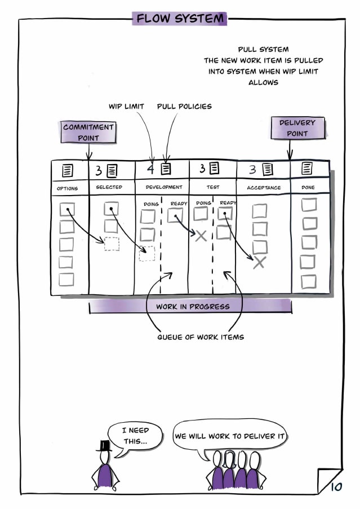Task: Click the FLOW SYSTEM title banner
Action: pyautogui.click(x=179, y=18)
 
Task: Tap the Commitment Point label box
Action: pyautogui.click(x=88, y=132)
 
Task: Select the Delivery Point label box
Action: pyautogui.click(x=297, y=128)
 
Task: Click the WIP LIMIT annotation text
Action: pyautogui.click(x=126, y=106)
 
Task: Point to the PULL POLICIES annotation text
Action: pyautogui.click(x=184, y=106)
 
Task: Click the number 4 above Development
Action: pyautogui.click(x=150, y=169)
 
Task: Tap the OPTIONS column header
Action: pyautogui.click(x=67, y=188)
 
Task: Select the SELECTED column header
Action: pyautogui.click(x=109, y=187)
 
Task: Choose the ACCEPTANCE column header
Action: pyautogui.click(x=264, y=188)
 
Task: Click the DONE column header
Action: pyautogui.click(x=308, y=187)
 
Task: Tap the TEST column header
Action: pyautogui.click(x=213, y=187)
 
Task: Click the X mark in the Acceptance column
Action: pyautogui.click(x=259, y=262)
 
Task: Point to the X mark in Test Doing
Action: pyautogui.click(x=201, y=236)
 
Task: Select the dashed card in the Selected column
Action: pyautogui.click(x=112, y=244)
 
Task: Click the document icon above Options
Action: pyautogui.click(x=68, y=170)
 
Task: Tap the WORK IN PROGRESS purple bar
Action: pyautogui.click(x=190, y=307)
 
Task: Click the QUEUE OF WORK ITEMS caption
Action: pyautogui.click(x=201, y=337)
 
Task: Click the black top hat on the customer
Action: pyautogui.click(x=104, y=446)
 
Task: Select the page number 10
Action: pyautogui.click(x=336, y=486)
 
